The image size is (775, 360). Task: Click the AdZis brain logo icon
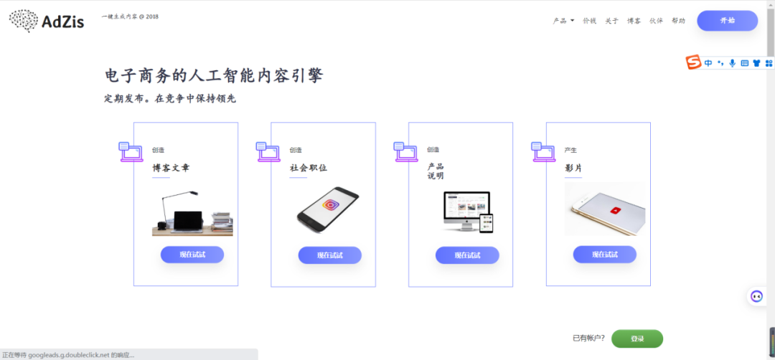(24, 21)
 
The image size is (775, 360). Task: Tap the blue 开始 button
(727, 21)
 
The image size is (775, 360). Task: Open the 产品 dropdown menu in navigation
(563, 21)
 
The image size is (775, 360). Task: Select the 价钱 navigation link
(589, 21)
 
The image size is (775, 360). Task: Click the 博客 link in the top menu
(634, 21)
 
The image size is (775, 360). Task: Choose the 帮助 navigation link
(678, 21)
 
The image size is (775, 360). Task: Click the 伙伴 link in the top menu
(656, 21)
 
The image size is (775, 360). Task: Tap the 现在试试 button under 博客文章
(192, 255)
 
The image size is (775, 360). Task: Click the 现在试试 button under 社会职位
(329, 255)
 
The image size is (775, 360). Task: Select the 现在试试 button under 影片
(604, 255)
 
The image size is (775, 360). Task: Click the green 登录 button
(637, 338)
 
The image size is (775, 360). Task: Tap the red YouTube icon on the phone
(615, 211)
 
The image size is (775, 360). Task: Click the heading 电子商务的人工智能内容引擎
(213, 76)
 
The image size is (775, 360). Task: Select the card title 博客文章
(171, 168)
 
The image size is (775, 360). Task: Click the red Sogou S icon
(693, 63)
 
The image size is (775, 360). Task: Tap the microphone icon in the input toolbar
(732, 63)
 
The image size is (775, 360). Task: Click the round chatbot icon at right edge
(756, 296)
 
